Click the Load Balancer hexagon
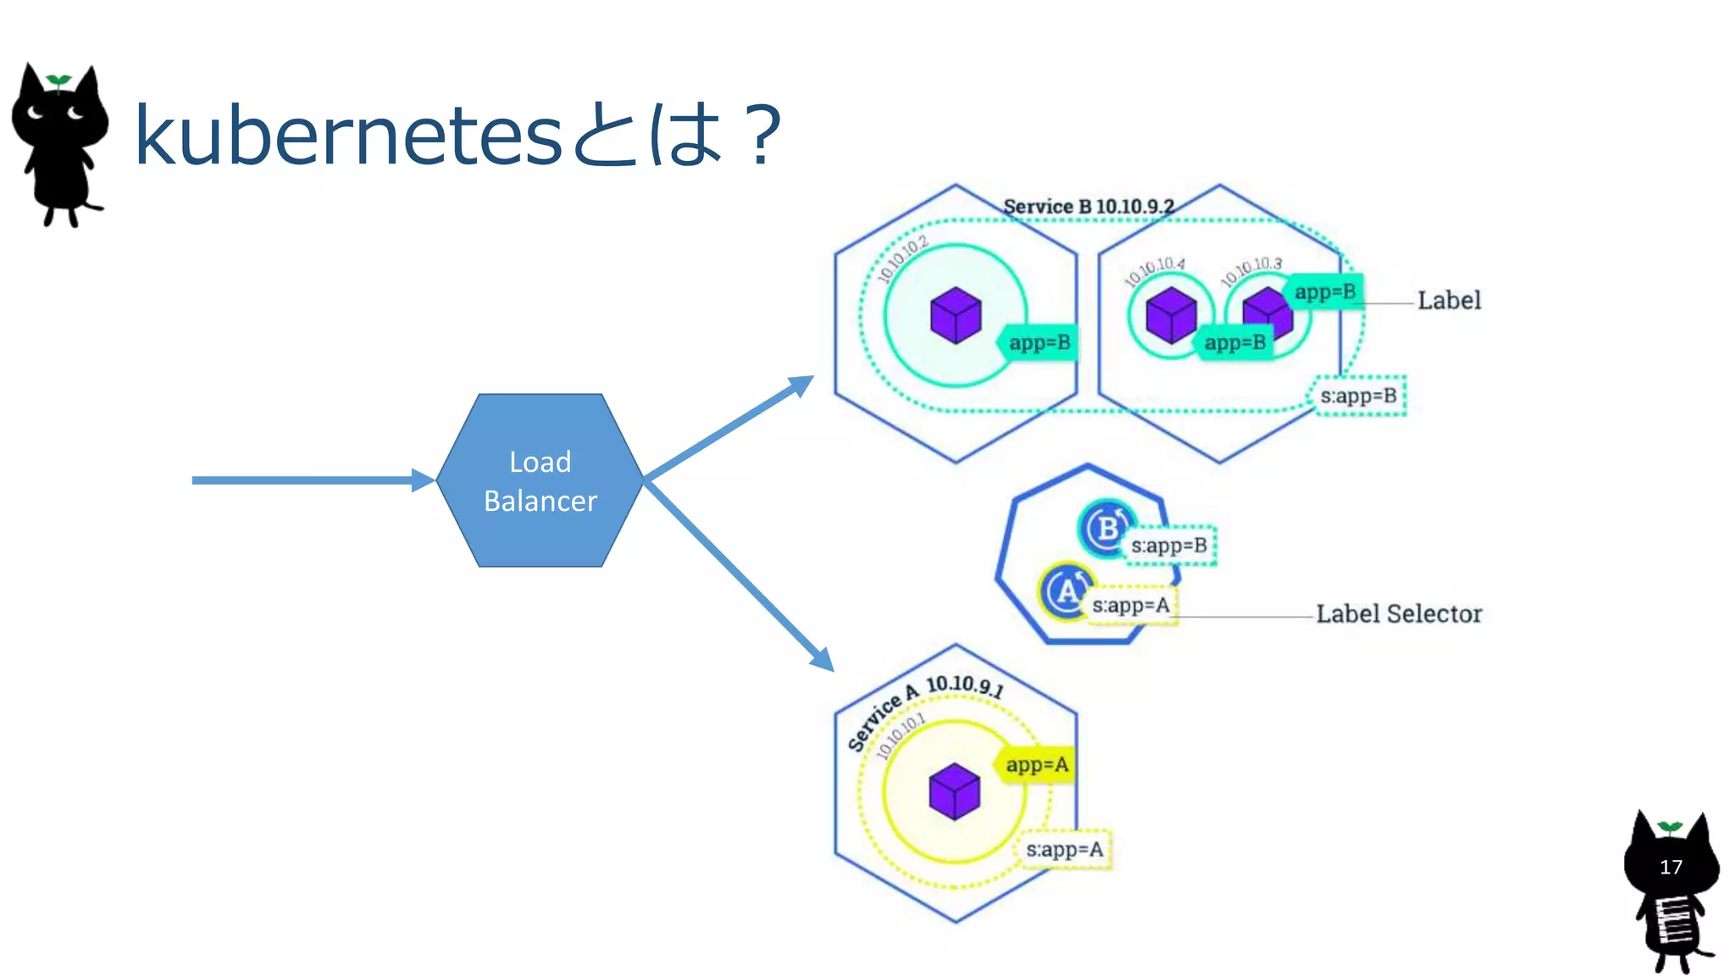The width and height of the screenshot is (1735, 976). [x=540, y=480]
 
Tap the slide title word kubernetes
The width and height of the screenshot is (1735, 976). [x=347, y=136]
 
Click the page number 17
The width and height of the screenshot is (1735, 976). [x=1671, y=867]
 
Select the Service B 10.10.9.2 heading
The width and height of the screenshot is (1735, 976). [x=1089, y=207]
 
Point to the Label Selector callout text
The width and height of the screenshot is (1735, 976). [x=1399, y=613]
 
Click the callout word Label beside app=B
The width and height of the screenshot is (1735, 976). [x=1449, y=301]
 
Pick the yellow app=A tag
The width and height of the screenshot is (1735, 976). [x=1036, y=765]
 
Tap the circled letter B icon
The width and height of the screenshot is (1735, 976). [x=1106, y=528]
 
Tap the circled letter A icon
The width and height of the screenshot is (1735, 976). [x=1067, y=591]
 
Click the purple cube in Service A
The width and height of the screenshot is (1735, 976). [x=955, y=791]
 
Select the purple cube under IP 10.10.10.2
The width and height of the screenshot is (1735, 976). [x=956, y=314]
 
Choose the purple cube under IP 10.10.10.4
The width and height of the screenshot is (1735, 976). [x=1171, y=314]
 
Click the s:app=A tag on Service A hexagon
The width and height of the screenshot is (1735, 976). [x=1064, y=850]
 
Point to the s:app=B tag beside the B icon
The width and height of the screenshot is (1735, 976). [x=1169, y=546]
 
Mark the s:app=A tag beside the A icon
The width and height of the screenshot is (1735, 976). [x=1131, y=606]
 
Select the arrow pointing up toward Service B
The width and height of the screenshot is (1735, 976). [x=729, y=428]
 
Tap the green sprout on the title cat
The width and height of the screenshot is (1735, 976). [x=58, y=81]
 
